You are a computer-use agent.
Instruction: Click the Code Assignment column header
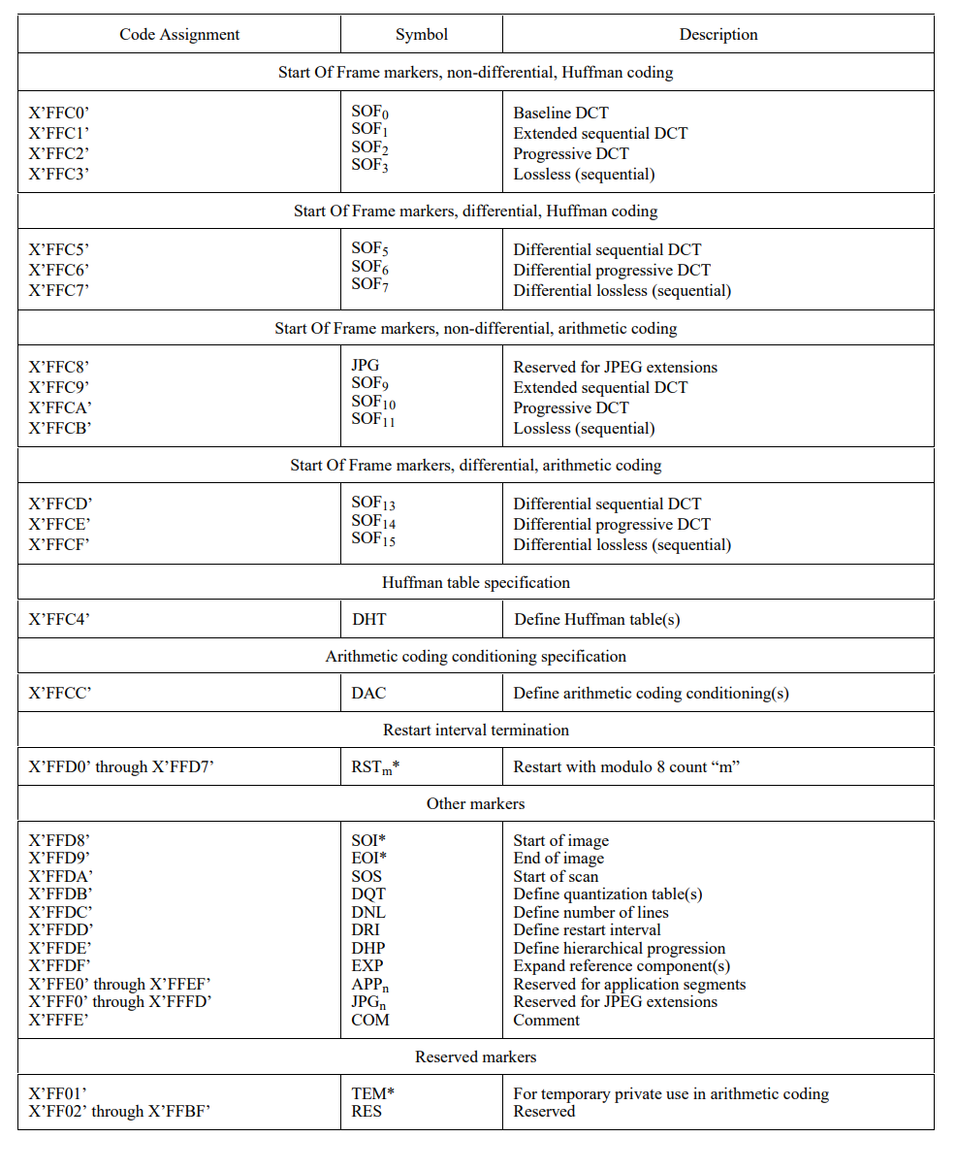coord(179,35)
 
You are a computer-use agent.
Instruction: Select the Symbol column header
coord(422,35)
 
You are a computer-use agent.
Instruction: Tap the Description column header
coord(718,35)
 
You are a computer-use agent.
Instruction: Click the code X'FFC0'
coord(59,114)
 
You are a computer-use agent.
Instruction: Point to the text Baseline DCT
coord(561,114)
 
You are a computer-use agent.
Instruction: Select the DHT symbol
coord(369,619)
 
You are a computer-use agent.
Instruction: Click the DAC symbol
coord(369,693)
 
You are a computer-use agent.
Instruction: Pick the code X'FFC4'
coord(59,619)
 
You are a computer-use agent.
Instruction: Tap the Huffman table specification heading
coord(476,583)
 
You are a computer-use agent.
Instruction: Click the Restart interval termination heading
coord(476,730)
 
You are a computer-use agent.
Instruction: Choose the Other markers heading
coord(476,803)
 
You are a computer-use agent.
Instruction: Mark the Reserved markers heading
coord(476,1056)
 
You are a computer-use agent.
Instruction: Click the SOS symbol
coord(367,876)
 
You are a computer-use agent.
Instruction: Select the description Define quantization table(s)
coord(608,894)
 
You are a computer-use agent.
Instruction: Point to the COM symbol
coord(370,1020)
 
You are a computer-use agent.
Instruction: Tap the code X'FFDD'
coord(60,930)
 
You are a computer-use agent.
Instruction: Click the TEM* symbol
coord(373,1093)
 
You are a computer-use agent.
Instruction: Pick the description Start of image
coord(561,840)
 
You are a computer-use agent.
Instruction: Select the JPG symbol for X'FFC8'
coord(366,367)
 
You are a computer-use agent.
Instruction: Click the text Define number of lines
coord(591,912)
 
